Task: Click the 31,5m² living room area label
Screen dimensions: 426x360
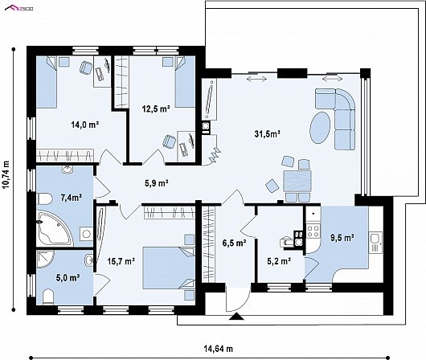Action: (268, 133)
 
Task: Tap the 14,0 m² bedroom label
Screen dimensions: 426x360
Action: (84, 125)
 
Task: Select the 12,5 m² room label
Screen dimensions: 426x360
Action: (156, 109)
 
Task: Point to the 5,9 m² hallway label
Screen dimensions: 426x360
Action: (156, 183)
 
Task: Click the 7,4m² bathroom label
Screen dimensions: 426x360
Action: (72, 198)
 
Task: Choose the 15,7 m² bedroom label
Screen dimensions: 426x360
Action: (121, 261)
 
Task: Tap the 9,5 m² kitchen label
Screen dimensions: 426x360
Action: (342, 238)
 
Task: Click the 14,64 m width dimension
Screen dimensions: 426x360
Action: (219, 349)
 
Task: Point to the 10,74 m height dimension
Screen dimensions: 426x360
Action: (6, 174)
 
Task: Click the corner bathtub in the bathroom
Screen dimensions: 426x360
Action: (55, 229)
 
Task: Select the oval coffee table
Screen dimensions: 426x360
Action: (320, 128)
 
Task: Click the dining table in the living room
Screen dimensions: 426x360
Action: (297, 181)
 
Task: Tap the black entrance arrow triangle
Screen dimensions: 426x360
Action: (236, 317)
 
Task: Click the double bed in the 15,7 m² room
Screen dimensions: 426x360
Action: (169, 268)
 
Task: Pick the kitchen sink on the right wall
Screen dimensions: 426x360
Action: (375, 243)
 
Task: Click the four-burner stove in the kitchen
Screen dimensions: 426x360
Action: (313, 231)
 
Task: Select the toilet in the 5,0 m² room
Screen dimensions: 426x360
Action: (49, 297)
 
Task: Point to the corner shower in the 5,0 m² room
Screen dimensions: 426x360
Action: (45, 260)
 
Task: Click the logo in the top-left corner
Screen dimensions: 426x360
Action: (19, 8)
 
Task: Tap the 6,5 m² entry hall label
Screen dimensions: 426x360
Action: (234, 243)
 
